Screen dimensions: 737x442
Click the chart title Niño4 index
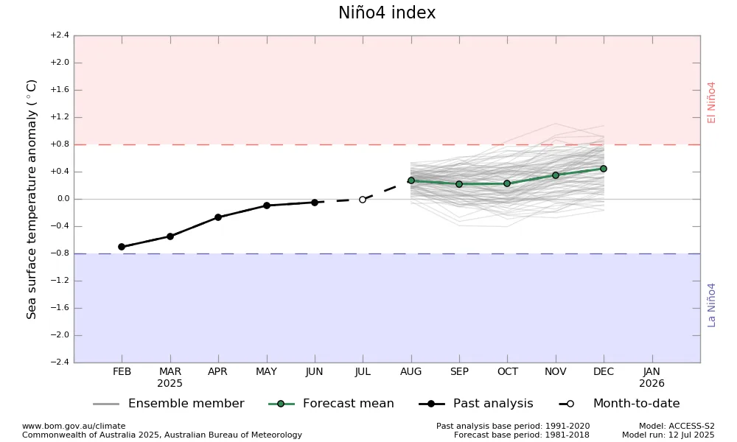click(387, 13)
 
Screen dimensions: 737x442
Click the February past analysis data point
click(122, 247)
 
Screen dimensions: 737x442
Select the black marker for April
click(218, 217)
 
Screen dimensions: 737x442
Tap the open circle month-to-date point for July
click(363, 200)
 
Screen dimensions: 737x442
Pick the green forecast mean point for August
click(411, 180)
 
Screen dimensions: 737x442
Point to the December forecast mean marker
click(604, 169)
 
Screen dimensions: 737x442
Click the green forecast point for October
click(507, 183)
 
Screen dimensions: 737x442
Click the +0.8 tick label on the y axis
click(60, 144)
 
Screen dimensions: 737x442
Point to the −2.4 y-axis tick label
click(60, 362)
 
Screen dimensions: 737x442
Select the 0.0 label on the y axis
click(63, 199)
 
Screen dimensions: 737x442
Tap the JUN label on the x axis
click(315, 371)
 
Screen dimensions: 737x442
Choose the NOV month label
click(556, 371)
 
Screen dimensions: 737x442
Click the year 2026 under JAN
click(652, 383)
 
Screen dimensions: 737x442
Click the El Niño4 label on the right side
click(711, 103)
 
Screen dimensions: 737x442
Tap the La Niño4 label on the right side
click(711, 305)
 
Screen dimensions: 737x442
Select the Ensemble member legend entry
click(169, 404)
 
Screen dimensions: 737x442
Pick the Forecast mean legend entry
click(331, 404)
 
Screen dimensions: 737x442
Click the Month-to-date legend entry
click(620, 404)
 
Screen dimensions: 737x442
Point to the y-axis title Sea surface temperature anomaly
click(31, 200)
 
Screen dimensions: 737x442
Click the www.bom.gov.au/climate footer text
click(74, 426)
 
